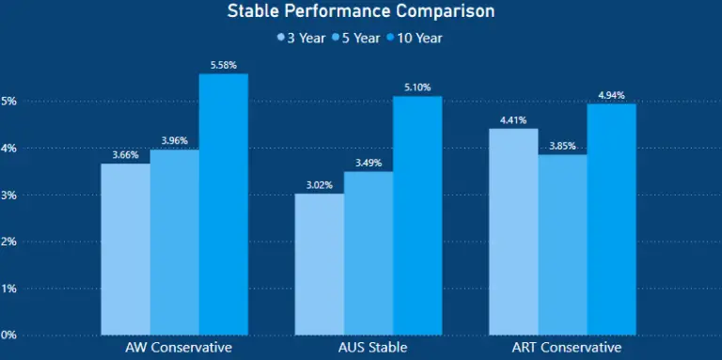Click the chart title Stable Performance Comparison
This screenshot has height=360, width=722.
[x=361, y=12]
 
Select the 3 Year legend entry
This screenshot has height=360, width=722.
[x=303, y=39]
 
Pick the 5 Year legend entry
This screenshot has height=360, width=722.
[x=357, y=39]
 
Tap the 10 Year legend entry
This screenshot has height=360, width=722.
[x=415, y=39]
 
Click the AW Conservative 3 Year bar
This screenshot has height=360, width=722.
[x=125, y=249]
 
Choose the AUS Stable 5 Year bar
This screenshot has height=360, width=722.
[x=369, y=253]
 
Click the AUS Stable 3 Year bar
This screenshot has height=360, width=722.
[x=320, y=264]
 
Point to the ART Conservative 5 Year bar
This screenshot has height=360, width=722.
[x=562, y=244]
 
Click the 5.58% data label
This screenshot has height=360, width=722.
[x=223, y=65]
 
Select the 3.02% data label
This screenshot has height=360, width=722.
[x=320, y=185]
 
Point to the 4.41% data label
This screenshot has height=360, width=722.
[x=513, y=119]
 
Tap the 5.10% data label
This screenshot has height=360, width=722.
[x=417, y=87]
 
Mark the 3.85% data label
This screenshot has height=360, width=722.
[x=562, y=146]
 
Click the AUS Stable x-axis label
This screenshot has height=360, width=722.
[x=369, y=348]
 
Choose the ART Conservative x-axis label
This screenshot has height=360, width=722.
[x=562, y=348]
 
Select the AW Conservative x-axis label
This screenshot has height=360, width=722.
[x=174, y=348]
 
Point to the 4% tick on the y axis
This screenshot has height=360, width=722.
[x=8, y=149]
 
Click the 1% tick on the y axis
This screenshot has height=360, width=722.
[x=8, y=289]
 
